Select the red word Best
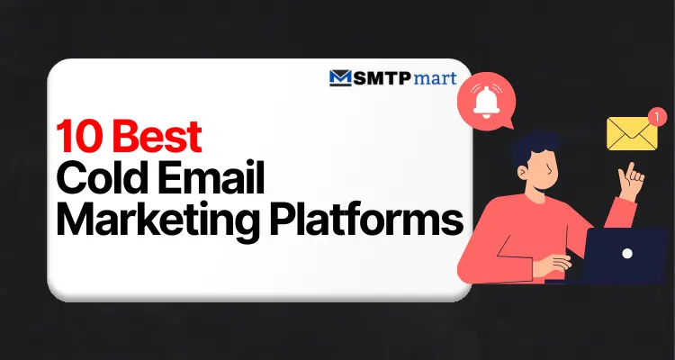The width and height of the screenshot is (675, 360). pyautogui.click(x=157, y=139)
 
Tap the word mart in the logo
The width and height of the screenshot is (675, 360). pyautogui.click(x=438, y=77)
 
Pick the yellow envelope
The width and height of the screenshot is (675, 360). pyautogui.click(x=633, y=134)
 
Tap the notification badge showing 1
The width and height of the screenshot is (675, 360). pyautogui.click(x=657, y=116)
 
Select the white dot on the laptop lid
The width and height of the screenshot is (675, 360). pyautogui.click(x=627, y=254)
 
